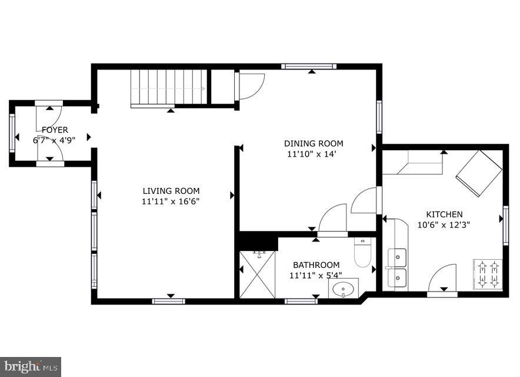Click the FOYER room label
click(54, 130)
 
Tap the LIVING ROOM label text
click(171, 191)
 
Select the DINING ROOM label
click(314, 144)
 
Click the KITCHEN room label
click(444, 214)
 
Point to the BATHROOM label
click(316, 265)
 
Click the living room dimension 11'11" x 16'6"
click(171, 201)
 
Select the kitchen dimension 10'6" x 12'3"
click(444, 224)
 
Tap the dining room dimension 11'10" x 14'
click(314, 154)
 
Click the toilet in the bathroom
click(362, 252)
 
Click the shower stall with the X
click(257, 275)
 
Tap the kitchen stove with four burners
click(488, 274)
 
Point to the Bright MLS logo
click(31, 366)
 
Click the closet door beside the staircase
click(250, 85)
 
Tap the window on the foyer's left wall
click(12, 133)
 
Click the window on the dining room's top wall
click(309, 67)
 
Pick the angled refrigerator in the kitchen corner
click(479, 173)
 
